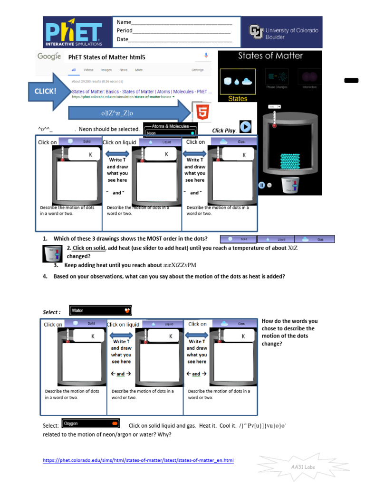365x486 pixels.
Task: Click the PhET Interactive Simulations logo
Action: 74,32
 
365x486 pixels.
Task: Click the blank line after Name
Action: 182,22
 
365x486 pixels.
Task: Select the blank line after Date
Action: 180,39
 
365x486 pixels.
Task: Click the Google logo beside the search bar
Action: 49,56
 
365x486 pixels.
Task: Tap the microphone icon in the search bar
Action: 206,56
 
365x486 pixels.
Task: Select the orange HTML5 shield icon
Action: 202,112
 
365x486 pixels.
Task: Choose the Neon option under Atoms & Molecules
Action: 170,133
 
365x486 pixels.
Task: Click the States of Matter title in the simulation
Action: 270,56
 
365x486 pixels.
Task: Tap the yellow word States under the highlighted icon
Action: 238,99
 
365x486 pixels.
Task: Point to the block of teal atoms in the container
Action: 290,161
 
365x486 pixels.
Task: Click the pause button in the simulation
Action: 261,185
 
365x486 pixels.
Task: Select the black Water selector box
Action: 100,310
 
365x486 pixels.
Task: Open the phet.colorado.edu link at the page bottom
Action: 138,460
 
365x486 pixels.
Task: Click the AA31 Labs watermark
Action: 303,467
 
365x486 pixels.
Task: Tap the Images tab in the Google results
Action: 106,70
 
